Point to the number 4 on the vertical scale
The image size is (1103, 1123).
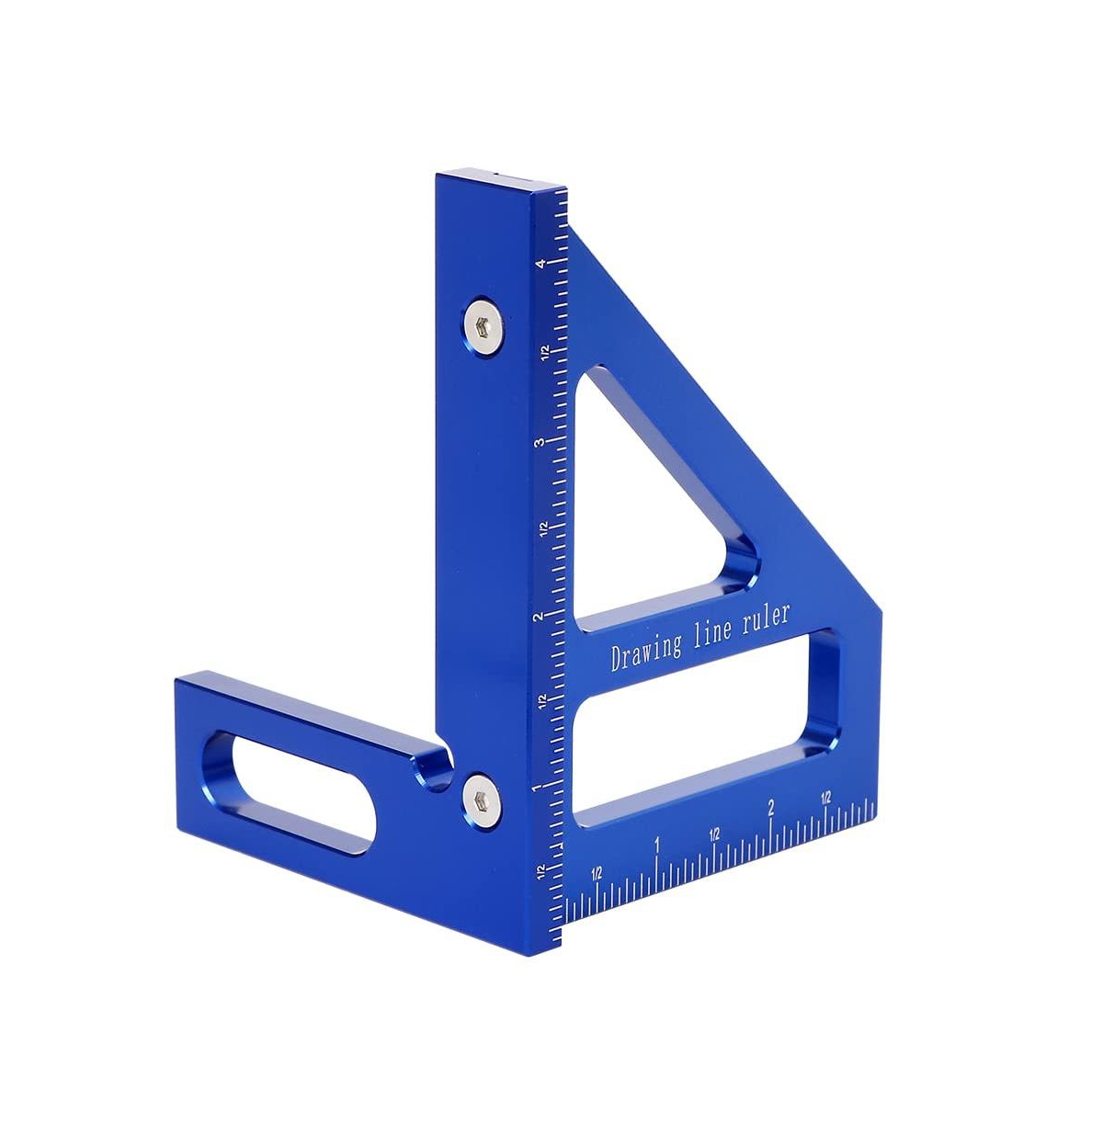pyautogui.click(x=544, y=263)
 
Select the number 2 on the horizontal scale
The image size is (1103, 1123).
pyautogui.click(x=771, y=808)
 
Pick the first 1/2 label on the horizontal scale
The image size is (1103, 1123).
pyautogui.click(x=597, y=872)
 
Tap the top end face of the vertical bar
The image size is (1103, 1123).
pyautogui.click(x=501, y=180)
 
